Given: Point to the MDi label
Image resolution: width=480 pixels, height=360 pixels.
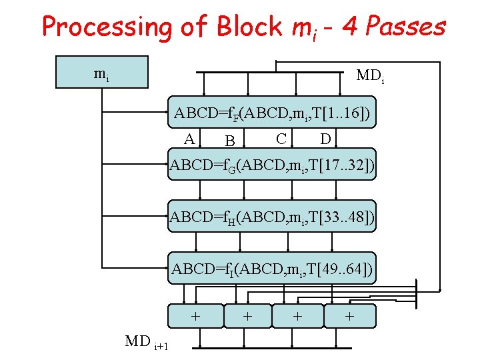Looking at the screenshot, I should pyautogui.click(x=370, y=76).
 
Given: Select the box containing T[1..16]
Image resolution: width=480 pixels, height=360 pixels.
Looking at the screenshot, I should pyautogui.click(x=271, y=113).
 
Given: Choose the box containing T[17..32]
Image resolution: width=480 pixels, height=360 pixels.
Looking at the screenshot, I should pyautogui.click(x=271, y=165).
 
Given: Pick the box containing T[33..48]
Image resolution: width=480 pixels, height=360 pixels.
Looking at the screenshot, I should pyautogui.click(x=271, y=216).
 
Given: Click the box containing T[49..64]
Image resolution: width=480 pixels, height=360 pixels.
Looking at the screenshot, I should pyautogui.click(x=271, y=269).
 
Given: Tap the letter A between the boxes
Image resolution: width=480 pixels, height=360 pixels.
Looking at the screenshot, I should pyautogui.click(x=190, y=139).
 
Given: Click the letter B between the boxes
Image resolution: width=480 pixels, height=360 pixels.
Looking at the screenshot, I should pyautogui.click(x=230, y=141).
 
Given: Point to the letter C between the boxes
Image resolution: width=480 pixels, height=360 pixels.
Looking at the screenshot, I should pyautogui.click(x=281, y=139).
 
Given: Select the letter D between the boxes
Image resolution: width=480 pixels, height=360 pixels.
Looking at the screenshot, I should pyautogui.click(x=325, y=139).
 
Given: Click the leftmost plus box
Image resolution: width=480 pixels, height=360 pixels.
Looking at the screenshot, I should pyautogui.click(x=195, y=316).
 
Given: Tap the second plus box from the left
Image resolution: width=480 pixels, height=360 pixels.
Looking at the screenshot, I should pyautogui.click(x=247, y=316).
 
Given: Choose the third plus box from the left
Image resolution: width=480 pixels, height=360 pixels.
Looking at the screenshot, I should pyautogui.click(x=297, y=316).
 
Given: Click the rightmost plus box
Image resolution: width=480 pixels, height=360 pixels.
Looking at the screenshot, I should pyautogui.click(x=349, y=316).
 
